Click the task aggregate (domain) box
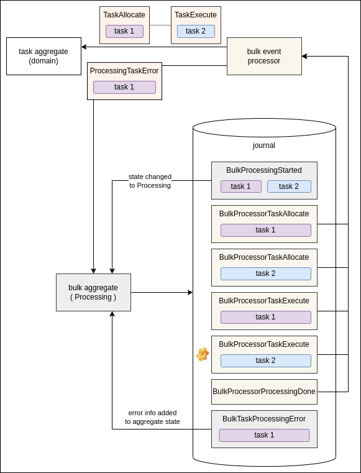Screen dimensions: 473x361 [x=43, y=56]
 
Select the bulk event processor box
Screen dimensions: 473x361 [x=264, y=56]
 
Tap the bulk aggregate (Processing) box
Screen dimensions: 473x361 [x=93, y=292]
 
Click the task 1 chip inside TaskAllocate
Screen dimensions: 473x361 [x=124, y=31]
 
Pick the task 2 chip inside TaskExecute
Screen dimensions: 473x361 [x=196, y=31]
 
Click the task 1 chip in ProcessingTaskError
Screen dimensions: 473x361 [x=124, y=87]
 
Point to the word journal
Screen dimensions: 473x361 [x=263, y=145]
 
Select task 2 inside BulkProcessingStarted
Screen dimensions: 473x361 [x=289, y=186]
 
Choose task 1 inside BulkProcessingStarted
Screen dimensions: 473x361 [x=240, y=186]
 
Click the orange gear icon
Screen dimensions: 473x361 [x=203, y=354]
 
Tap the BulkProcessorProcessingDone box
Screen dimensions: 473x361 [x=264, y=392]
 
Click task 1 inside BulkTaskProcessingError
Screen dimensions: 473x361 [x=264, y=435]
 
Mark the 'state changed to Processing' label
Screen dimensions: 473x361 [x=150, y=181]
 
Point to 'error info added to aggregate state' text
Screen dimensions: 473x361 [x=152, y=417]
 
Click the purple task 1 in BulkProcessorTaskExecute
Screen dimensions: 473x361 [x=265, y=317]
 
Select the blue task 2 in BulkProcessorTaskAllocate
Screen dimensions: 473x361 [x=265, y=273]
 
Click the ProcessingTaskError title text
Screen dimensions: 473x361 [x=124, y=71]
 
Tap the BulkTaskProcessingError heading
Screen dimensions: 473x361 [x=264, y=419]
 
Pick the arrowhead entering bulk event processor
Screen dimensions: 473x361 [x=304, y=56]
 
